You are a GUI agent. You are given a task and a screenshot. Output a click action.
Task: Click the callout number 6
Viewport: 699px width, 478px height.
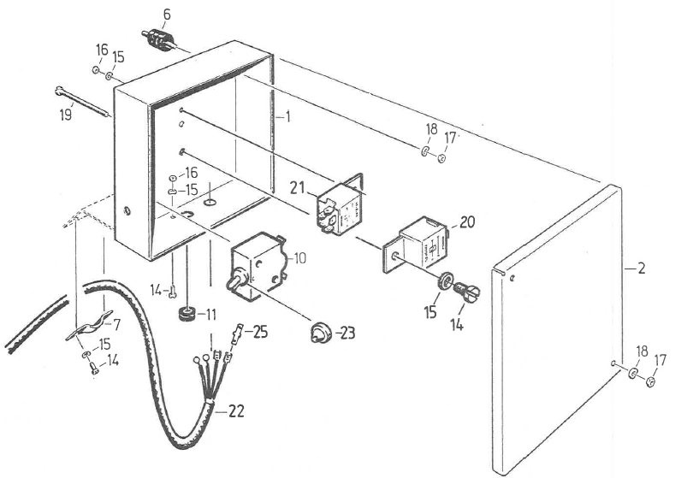coord(167,15)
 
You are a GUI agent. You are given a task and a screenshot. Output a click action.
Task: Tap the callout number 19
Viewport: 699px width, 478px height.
coord(66,115)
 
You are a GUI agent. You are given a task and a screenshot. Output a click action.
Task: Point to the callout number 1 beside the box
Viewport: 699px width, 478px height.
coord(288,116)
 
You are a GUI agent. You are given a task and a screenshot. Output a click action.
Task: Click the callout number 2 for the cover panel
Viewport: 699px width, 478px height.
coord(641,269)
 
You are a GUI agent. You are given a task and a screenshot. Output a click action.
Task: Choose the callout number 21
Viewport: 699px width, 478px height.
coord(298,187)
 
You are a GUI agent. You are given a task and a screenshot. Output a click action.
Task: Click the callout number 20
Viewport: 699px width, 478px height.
coord(467,221)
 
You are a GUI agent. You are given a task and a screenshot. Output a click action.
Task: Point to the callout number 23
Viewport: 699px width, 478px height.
coord(347,333)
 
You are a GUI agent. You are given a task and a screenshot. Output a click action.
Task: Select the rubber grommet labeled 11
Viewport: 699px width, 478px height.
coord(187,314)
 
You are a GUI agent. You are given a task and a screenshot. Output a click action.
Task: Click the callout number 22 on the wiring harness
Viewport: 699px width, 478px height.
coord(236,411)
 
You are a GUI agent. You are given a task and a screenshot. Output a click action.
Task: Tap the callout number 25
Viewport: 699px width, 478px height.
coord(260,332)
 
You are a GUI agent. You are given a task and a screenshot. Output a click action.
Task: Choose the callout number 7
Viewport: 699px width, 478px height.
coord(117,325)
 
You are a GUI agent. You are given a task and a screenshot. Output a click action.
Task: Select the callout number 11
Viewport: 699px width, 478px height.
coord(210,315)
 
